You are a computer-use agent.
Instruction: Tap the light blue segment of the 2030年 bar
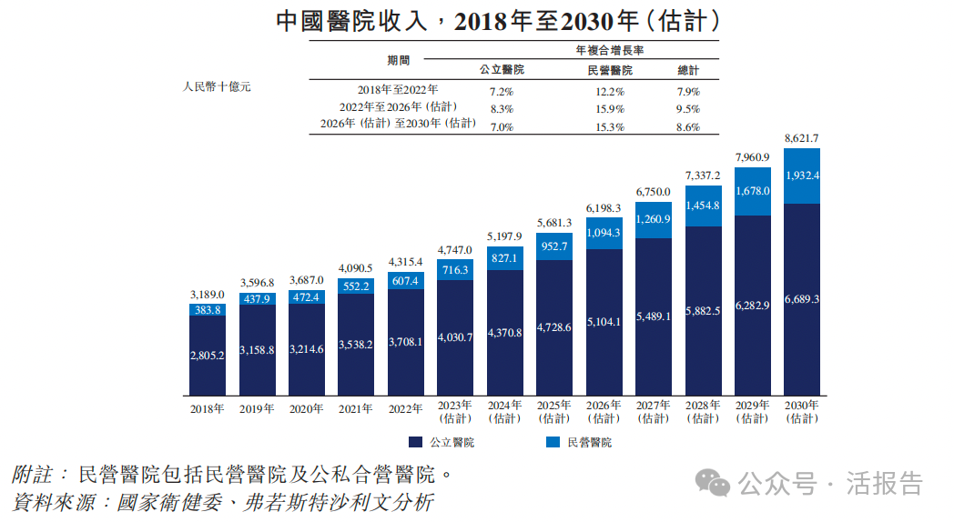click(x=802, y=176)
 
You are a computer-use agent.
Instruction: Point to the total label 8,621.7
click(x=802, y=137)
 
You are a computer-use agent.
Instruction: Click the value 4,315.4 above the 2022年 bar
click(x=405, y=262)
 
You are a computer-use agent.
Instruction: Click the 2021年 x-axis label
click(x=356, y=409)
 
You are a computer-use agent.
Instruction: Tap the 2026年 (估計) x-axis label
click(x=604, y=412)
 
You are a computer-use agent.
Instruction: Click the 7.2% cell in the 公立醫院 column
click(x=502, y=92)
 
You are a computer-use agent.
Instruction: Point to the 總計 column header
click(x=688, y=70)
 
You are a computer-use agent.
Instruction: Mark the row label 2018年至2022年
click(x=398, y=91)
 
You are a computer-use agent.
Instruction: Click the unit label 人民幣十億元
click(x=217, y=86)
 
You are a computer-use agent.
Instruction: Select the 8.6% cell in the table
click(x=688, y=127)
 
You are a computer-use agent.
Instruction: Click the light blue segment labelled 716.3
click(x=454, y=269)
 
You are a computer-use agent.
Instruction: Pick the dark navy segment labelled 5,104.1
click(x=604, y=321)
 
